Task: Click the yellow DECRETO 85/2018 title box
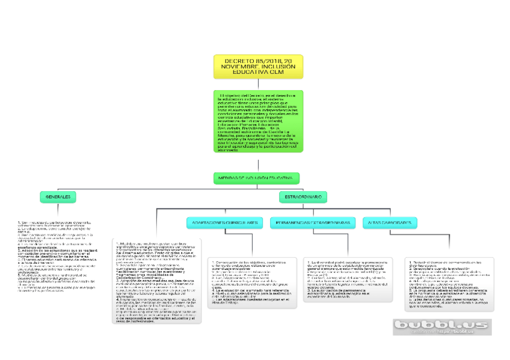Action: click(x=258, y=66)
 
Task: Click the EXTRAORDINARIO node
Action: click(x=303, y=197)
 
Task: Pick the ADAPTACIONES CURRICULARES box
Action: click(x=225, y=222)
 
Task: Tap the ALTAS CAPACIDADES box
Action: click(x=390, y=222)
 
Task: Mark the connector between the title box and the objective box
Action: click(x=259, y=85)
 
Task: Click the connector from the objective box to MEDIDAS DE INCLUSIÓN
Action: click(x=259, y=162)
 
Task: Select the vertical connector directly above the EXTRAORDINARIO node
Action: click(x=303, y=190)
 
